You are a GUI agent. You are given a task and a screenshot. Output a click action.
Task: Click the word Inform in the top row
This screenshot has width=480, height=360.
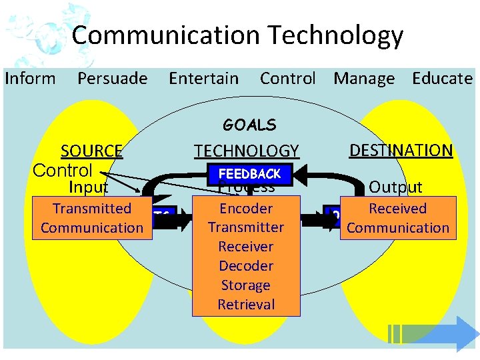click(31, 79)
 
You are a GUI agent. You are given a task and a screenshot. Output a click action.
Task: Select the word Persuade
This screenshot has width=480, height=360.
click(113, 79)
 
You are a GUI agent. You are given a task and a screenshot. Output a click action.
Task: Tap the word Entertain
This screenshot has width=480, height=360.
click(203, 79)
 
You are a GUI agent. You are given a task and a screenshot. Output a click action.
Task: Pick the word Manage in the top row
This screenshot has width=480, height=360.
click(364, 79)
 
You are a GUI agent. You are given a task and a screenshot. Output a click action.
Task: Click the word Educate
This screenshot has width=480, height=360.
click(442, 79)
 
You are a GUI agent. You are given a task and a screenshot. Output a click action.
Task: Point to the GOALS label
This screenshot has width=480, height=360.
click(249, 125)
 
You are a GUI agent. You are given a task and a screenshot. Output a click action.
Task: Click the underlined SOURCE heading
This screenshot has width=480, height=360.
click(91, 151)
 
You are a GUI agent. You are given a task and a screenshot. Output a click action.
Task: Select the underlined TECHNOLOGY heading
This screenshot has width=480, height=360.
click(247, 151)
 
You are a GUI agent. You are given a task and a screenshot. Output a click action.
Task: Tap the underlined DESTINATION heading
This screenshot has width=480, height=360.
click(401, 151)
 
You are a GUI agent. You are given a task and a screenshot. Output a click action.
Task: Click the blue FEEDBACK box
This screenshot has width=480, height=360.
click(250, 174)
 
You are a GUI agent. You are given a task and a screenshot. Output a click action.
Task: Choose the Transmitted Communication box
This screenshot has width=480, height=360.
click(92, 218)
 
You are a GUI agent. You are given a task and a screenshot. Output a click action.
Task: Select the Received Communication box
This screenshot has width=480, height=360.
click(398, 218)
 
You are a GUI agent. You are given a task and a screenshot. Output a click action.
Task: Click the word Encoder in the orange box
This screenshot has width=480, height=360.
click(246, 208)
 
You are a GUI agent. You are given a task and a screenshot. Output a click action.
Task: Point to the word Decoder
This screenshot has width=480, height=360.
click(246, 266)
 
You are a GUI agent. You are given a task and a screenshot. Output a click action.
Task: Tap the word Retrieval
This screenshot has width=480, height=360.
click(246, 305)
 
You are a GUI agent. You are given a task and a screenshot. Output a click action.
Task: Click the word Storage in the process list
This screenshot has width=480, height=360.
click(246, 285)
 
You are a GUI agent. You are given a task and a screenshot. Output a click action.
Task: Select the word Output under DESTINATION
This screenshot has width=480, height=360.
click(395, 187)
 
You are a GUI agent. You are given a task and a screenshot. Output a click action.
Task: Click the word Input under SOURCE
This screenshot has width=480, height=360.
click(88, 187)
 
